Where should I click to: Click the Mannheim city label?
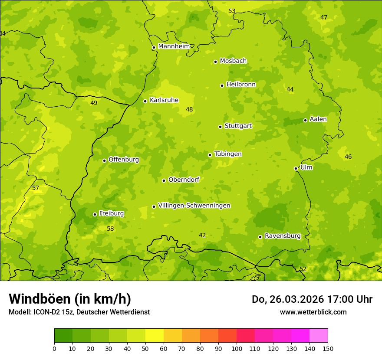click(174, 46)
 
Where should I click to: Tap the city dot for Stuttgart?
click(220, 127)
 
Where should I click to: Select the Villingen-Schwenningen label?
click(194, 206)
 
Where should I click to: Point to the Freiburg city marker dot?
click(95, 214)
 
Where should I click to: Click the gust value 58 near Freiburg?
click(110, 229)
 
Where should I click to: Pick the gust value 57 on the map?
click(36, 188)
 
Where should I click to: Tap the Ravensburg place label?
click(283, 236)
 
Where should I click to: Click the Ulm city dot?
click(296, 168)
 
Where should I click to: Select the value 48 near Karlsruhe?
click(189, 109)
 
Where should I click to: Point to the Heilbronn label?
click(241, 85)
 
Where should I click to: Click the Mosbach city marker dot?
click(215, 62)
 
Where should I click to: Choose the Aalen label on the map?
click(318, 119)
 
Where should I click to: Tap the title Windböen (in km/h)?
click(70, 299)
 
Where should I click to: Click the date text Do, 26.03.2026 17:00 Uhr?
click(312, 299)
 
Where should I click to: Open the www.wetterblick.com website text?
click(313, 312)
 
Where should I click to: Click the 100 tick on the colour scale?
click(237, 348)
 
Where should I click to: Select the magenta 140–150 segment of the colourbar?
click(319, 336)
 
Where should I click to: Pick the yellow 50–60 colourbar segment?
click(155, 336)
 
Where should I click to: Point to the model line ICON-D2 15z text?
click(79, 312)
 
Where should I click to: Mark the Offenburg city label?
click(124, 160)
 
